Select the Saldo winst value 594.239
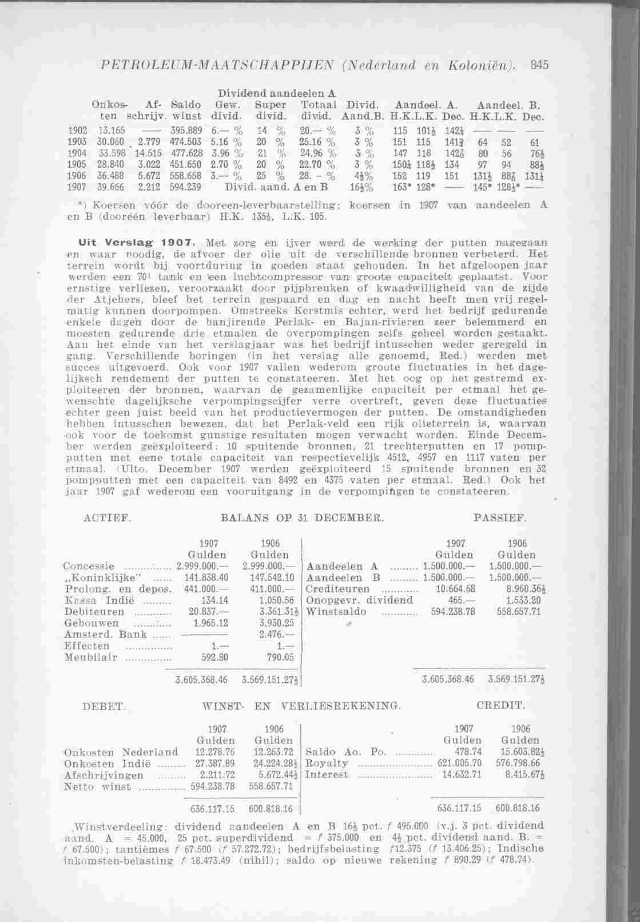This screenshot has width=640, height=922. pos(185,187)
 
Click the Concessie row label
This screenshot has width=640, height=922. pos(91,567)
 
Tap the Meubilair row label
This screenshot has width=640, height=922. pos(91,658)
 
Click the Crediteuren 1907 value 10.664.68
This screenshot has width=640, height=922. pos(455,589)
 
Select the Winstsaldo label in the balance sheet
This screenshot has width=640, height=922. pos(335,612)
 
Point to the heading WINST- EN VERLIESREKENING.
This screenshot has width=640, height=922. pos(299,706)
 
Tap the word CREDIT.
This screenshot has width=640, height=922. pos(500,706)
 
